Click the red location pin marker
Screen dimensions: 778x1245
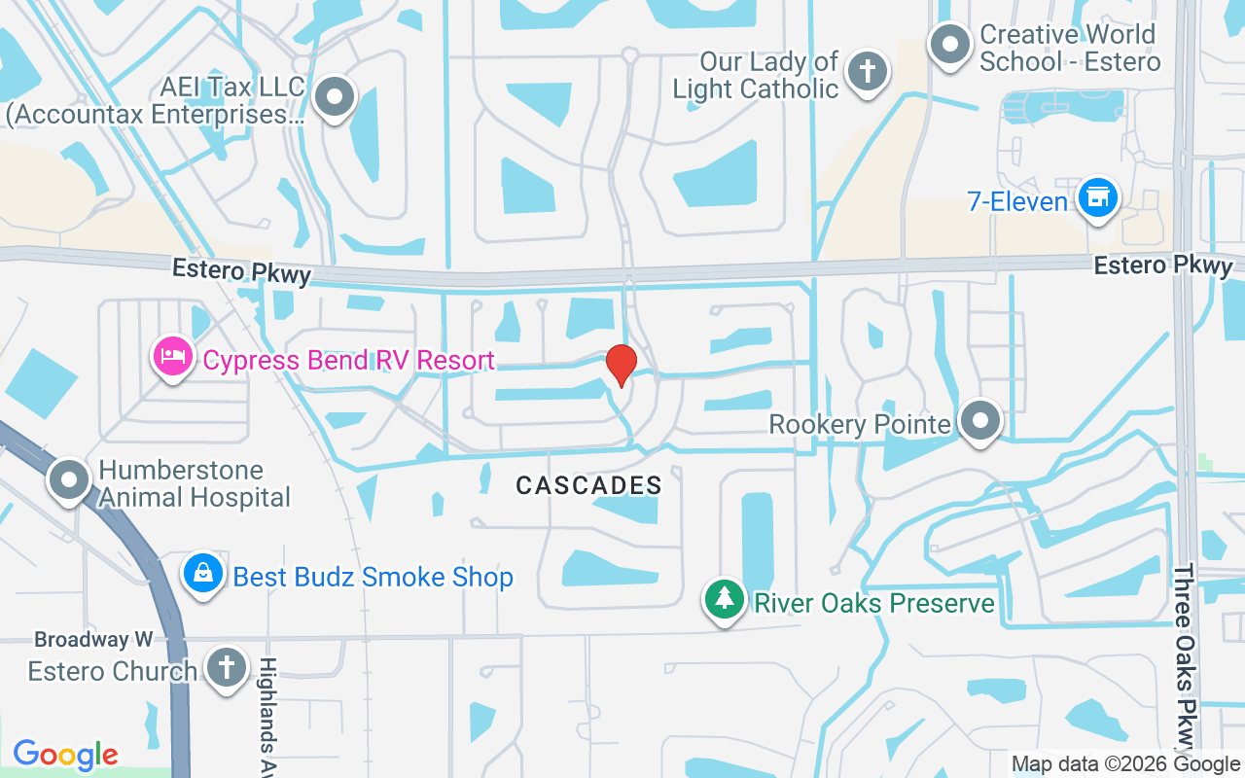pos(621,365)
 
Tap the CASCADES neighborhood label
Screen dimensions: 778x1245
pos(588,485)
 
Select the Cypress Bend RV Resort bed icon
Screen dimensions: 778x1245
pos(172,356)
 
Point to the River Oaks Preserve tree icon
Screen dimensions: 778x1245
pos(724,599)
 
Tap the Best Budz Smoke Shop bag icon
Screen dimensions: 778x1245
pos(202,574)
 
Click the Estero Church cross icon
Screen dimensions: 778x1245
pos(227,668)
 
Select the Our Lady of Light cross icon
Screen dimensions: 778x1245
pos(865,71)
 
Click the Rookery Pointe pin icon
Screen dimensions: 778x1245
pos(979,422)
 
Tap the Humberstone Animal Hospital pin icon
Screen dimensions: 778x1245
pos(69,479)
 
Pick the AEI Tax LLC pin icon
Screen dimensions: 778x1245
pos(336,97)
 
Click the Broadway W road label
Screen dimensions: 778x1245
pos(93,640)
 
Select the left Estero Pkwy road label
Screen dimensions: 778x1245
pos(241,271)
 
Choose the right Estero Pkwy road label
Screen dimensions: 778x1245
pos(1162,265)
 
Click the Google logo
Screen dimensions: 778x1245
pos(65,754)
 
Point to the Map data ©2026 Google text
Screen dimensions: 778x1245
pos(1125,764)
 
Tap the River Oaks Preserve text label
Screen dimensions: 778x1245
pos(873,603)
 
